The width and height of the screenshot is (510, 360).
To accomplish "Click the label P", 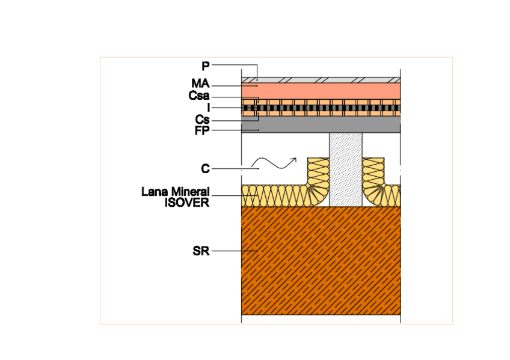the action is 205,65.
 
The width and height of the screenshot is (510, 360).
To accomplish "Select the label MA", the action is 201,86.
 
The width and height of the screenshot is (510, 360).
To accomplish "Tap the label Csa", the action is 198,96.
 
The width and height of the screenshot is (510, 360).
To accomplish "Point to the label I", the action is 208,108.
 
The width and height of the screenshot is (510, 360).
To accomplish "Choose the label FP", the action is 201,130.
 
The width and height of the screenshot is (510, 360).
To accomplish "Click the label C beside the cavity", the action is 205,169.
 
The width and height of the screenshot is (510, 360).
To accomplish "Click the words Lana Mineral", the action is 175,192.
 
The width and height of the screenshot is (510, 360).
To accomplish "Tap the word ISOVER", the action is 187,203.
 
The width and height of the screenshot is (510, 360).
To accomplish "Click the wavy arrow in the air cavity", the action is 273,162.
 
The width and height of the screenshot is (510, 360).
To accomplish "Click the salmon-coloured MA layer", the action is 321,90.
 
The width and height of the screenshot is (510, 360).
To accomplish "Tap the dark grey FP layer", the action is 321,124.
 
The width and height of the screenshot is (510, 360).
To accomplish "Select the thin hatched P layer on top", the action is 321,79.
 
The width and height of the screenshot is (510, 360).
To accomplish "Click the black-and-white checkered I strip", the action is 321,109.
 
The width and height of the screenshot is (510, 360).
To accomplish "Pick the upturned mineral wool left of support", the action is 318,180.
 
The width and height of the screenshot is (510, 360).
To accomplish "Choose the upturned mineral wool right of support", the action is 373,180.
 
